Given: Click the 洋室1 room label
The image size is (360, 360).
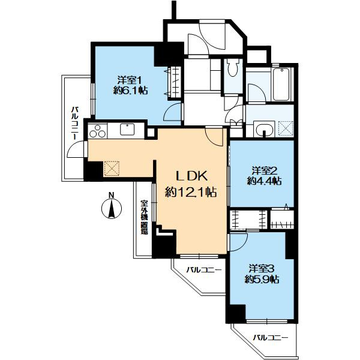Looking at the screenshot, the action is click(x=129, y=80).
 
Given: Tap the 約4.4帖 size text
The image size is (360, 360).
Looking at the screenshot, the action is click(x=264, y=181).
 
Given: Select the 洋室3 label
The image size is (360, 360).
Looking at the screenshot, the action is click(x=262, y=268).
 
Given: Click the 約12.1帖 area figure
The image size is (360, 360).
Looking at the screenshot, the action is click(x=191, y=192).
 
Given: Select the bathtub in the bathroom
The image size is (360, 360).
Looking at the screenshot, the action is click(x=281, y=84).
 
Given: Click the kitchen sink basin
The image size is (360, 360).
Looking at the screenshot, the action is click(x=127, y=130).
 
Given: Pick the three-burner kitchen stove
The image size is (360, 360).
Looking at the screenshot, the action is click(x=98, y=131).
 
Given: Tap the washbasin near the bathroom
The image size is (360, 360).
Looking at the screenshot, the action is click(x=264, y=130).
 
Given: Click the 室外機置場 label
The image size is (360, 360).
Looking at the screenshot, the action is click(x=144, y=217).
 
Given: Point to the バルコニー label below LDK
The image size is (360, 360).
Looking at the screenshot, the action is click(x=204, y=270).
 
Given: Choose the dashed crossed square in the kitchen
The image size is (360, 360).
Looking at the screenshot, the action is click(x=112, y=169).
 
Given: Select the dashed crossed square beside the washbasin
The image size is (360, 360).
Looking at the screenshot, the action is click(x=286, y=128).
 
